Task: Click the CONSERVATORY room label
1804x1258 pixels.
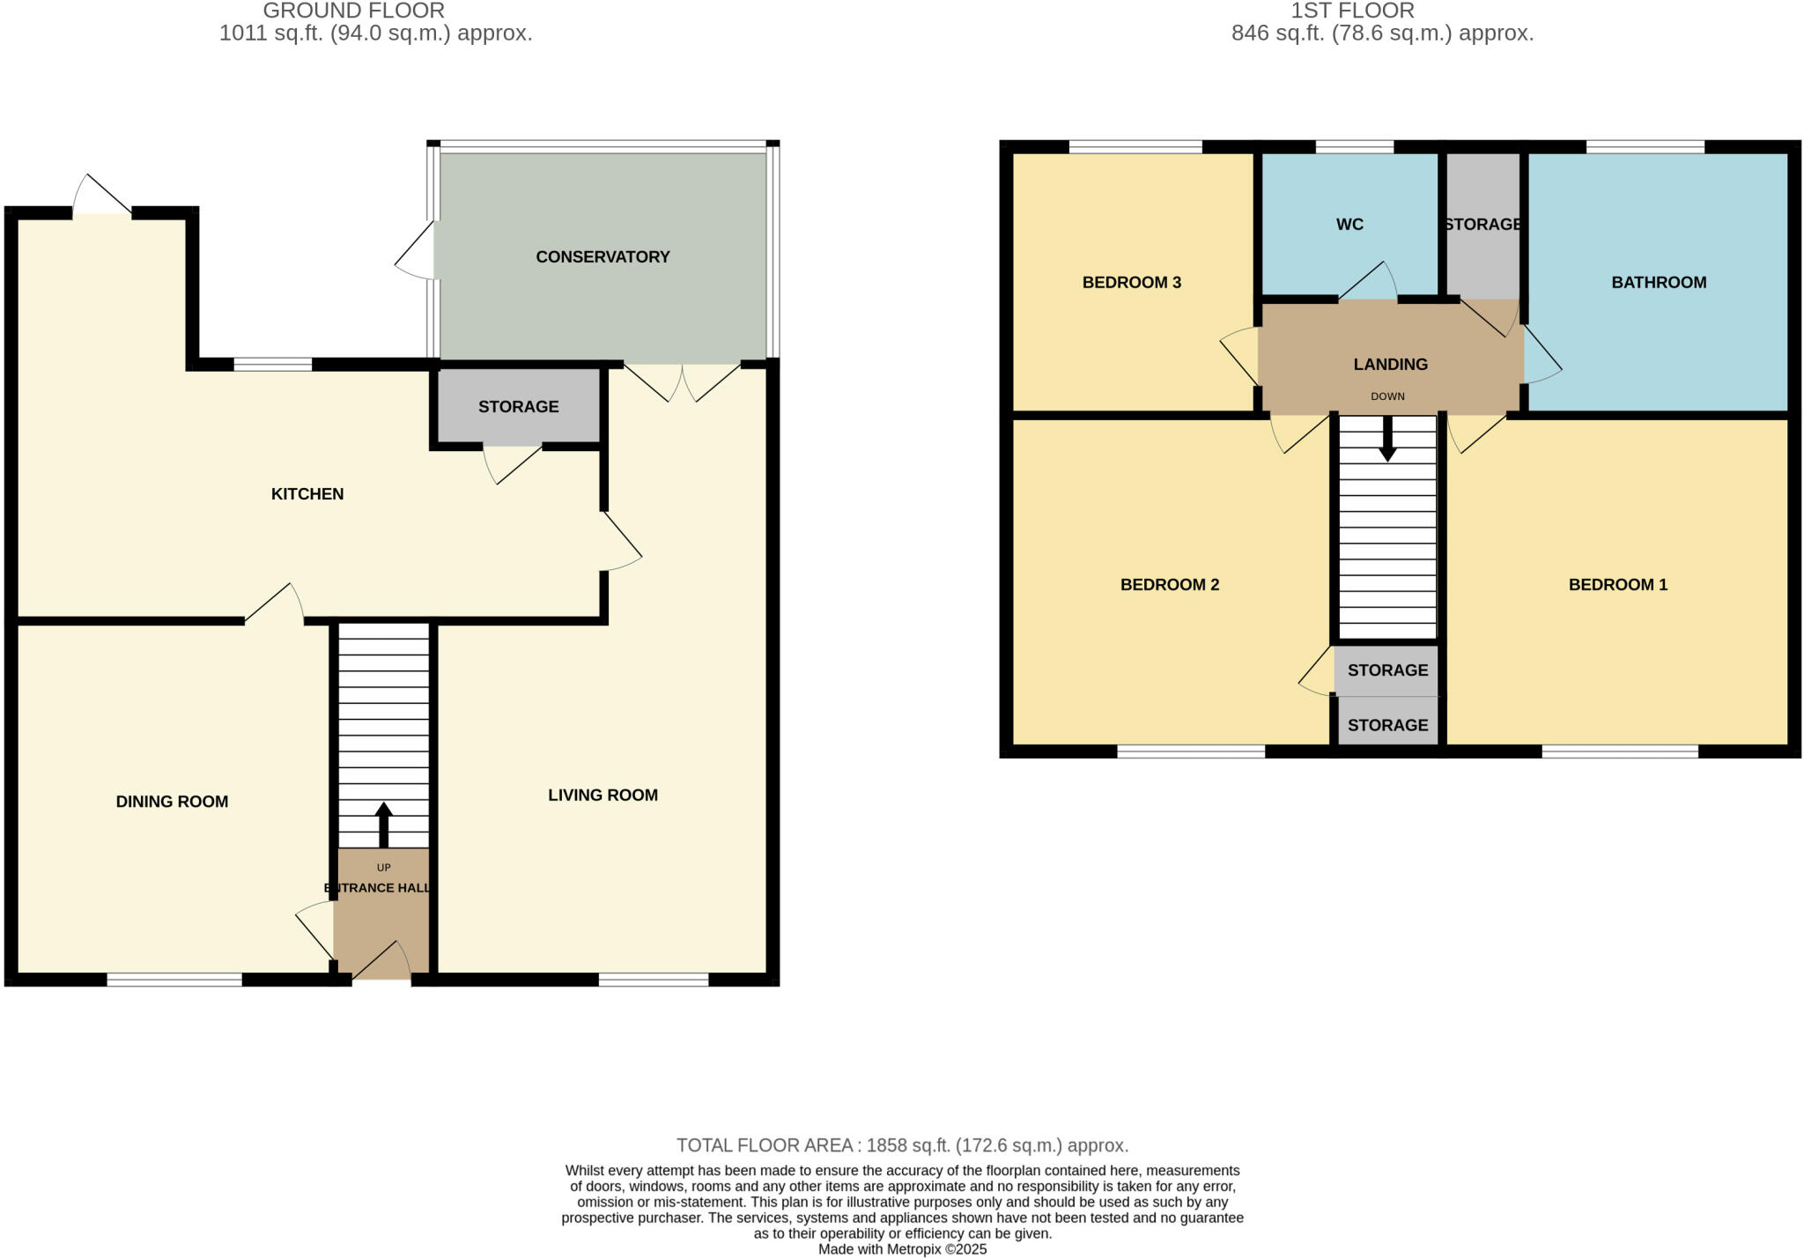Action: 603,256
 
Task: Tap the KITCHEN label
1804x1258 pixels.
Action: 307,493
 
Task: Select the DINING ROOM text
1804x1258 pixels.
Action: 172,801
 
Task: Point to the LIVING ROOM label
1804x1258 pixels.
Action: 603,795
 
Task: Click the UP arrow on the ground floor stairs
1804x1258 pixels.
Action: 383,823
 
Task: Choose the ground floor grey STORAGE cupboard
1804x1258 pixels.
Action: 518,406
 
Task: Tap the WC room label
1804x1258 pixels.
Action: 1349,224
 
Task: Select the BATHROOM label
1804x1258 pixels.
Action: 1659,282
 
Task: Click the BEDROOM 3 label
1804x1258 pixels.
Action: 1131,282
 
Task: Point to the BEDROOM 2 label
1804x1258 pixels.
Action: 1169,584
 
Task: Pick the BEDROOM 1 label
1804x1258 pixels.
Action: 1617,584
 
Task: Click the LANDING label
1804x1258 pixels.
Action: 1390,364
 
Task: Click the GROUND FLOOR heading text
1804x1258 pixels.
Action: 353,11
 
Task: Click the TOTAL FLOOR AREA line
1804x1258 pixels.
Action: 902,1145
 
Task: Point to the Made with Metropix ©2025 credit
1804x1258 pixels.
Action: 902,1249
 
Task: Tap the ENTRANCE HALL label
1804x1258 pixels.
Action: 379,887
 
